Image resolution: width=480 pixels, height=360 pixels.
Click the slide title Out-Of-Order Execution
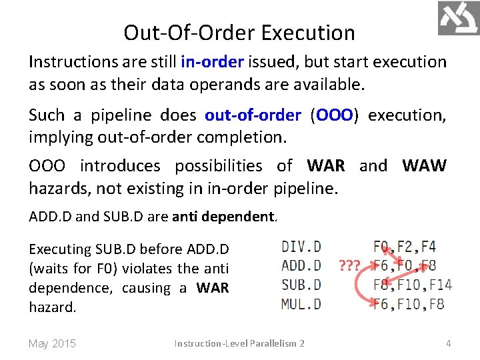point(239,33)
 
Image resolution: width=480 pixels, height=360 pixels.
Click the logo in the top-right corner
point(459,18)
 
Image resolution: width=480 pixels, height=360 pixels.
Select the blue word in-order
point(212,62)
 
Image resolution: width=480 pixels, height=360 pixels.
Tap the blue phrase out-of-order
point(253,115)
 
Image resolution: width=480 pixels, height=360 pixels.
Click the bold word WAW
point(424,165)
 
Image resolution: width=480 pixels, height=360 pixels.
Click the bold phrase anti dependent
point(223,217)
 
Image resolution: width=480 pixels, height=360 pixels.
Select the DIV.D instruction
point(301,247)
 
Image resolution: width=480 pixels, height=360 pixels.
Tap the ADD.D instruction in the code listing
point(301,265)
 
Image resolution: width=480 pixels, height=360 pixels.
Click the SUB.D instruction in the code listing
point(301,285)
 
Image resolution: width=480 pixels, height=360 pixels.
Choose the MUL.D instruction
point(301,304)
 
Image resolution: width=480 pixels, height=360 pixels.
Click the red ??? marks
point(350,265)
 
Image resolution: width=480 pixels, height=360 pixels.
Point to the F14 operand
point(441,285)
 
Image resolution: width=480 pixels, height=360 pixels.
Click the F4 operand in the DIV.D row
point(429,247)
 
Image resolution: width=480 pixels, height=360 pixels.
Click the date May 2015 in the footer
point(53,343)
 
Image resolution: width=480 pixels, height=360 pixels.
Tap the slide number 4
point(449,343)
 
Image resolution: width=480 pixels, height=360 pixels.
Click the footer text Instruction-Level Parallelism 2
point(239,343)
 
